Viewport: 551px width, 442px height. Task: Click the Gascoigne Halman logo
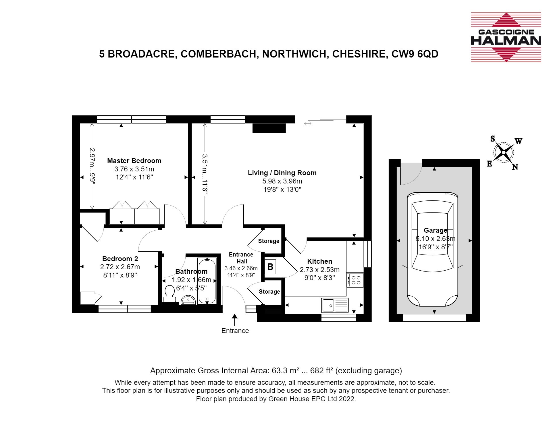click(506, 37)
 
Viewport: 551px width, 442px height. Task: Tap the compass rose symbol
click(504, 152)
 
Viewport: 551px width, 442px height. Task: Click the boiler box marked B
click(270, 267)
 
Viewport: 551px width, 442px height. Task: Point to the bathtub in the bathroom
click(207, 281)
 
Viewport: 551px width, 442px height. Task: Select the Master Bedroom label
click(134, 161)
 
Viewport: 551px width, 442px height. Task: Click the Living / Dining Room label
click(282, 173)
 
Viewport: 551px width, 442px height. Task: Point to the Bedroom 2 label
click(120, 259)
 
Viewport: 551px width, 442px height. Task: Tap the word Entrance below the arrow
click(235, 331)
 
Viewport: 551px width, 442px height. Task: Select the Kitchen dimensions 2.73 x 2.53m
click(320, 270)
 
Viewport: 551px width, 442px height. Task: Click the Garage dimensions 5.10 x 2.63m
click(436, 239)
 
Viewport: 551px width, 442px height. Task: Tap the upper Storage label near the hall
click(269, 241)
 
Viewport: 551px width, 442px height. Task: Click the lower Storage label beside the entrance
click(269, 292)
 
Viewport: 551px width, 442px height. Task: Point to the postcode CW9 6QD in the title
click(415, 54)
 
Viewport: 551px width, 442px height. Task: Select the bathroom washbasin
click(188, 300)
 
